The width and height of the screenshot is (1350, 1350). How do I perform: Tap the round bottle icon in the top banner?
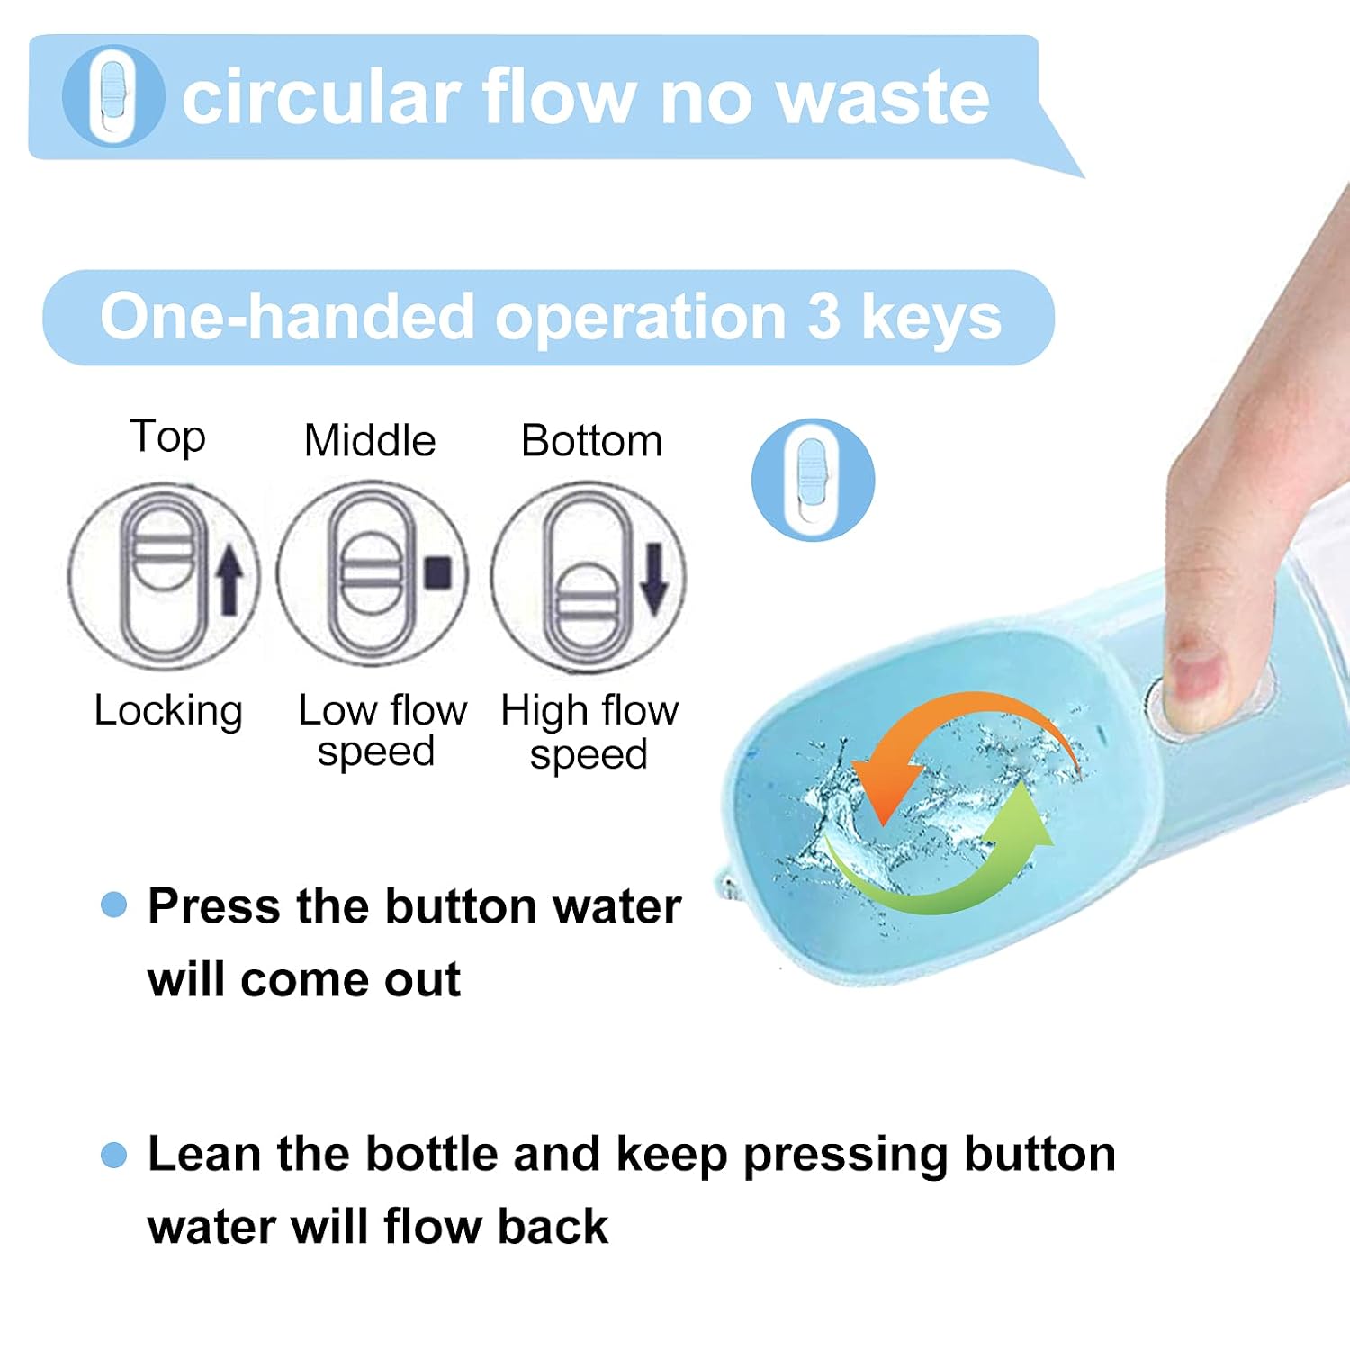pyautogui.click(x=113, y=95)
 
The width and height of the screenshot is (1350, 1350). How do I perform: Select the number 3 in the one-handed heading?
pyautogui.click(x=823, y=317)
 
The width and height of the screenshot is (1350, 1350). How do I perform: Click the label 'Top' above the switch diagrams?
pyautogui.click(x=168, y=437)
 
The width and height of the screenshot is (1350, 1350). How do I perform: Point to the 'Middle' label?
pyautogui.click(x=370, y=441)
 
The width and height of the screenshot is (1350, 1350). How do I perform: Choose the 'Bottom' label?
pyautogui.click(x=591, y=441)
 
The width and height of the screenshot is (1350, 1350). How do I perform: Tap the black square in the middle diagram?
pyautogui.click(x=438, y=573)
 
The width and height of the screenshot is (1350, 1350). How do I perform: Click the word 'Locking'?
pyautogui.click(x=168, y=712)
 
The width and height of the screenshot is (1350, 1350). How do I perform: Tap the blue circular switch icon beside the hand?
pyautogui.click(x=814, y=480)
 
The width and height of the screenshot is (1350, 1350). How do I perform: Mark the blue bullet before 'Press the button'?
pyautogui.click(x=114, y=904)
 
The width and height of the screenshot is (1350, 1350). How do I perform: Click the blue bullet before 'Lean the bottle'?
pyautogui.click(x=114, y=1154)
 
